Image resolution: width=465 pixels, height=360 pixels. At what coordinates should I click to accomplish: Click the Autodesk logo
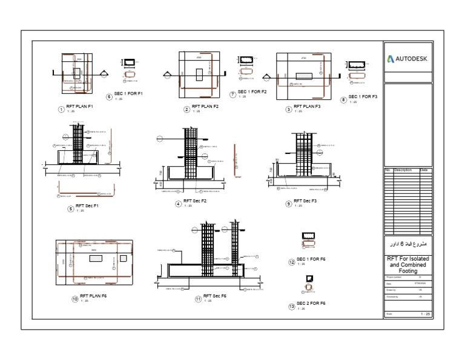[x=408, y=59]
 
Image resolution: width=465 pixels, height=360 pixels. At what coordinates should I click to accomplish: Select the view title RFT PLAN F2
[x=205, y=107]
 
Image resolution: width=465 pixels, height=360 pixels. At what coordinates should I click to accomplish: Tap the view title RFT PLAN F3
[x=306, y=107]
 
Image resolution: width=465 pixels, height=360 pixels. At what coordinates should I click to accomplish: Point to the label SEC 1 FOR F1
[x=128, y=94]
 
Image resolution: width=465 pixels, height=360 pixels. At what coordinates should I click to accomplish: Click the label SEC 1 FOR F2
[x=252, y=92]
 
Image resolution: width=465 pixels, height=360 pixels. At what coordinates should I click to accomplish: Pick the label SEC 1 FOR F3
[x=363, y=97]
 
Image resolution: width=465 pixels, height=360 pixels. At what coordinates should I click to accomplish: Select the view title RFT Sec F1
[x=87, y=206]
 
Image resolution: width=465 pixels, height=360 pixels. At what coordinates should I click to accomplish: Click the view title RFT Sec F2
[x=195, y=201]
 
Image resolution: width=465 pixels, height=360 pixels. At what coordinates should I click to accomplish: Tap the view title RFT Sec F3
[x=305, y=201]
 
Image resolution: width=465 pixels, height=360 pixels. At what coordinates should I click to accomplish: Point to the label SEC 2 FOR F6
[x=311, y=304]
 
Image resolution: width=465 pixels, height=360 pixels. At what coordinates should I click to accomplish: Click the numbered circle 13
[x=291, y=307]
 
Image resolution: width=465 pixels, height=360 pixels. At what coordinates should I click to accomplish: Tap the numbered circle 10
[x=75, y=299]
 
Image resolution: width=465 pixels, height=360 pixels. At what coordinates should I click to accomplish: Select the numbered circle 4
[x=179, y=204]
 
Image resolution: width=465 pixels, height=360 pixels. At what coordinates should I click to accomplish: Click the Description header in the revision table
[x=403, y=170]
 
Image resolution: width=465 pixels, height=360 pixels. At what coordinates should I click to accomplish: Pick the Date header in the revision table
[x=424, y=170]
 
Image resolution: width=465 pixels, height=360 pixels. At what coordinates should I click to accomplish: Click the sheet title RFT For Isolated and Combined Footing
[x=408, y=264]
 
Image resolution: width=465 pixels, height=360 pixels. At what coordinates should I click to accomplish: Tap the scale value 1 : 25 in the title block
[x=425, y=314]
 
